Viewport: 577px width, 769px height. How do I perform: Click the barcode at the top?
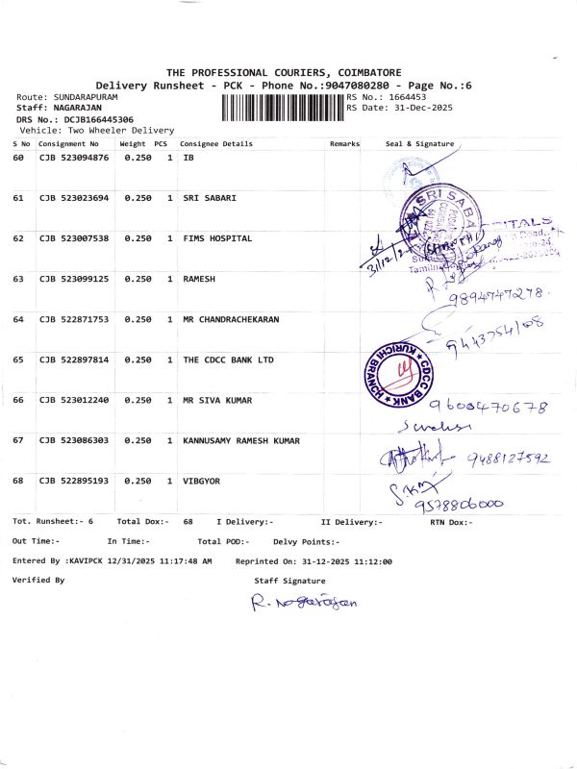pyautogui.click(x=282, y=106)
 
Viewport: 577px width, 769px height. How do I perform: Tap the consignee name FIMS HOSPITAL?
pyautogui.click(x=217, y=237)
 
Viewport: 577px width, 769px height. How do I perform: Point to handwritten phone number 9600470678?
pyautogui.click(x=489, y=407)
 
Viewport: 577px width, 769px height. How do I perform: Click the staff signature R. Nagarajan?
pyautogui.click(x=303, y=603)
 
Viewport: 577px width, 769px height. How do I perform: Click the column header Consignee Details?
pyautogui.click(x=216, y=144)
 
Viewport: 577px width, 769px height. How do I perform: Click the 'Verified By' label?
pyautogui.click(x=38, y=581)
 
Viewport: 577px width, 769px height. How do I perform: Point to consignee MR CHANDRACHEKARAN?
pyautogui.click(x=231, y=318)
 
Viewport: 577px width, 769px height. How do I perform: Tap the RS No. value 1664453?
pyautogui.click(x=408, y=97)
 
